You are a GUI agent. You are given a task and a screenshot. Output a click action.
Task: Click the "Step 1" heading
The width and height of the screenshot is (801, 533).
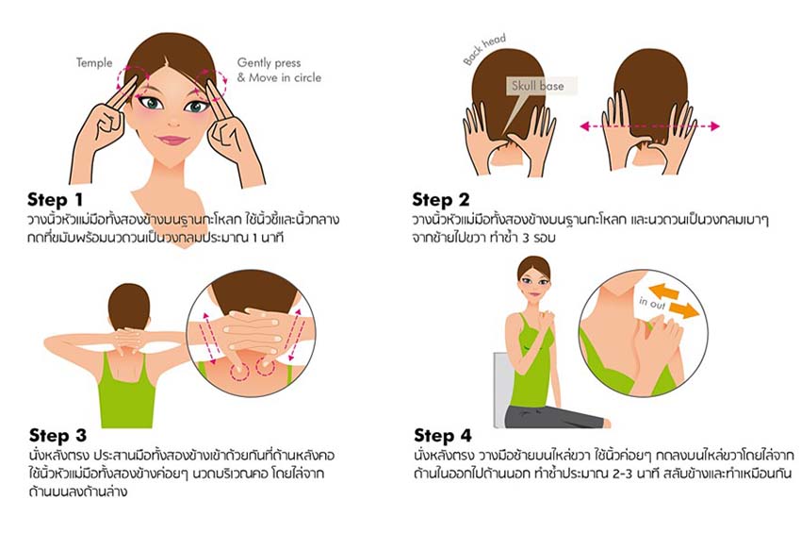(x=55, y=199)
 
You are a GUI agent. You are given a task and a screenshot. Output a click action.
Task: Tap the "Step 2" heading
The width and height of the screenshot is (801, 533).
(x=440, y=199)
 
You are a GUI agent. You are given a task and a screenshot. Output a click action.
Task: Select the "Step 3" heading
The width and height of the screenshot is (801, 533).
(x=57, y=435)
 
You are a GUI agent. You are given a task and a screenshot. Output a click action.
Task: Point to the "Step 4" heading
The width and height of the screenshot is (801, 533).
(x=442, y=435)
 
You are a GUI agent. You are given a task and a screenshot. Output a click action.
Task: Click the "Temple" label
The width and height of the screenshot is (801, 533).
(x=94, y=63)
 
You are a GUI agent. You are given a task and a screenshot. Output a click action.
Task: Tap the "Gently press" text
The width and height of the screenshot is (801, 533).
(x=269, y=63)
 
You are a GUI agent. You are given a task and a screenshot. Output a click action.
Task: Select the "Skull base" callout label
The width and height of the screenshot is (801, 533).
(x=538, y=86)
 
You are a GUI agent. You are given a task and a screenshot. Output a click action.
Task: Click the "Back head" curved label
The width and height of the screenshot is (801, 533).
(x=484, y=49)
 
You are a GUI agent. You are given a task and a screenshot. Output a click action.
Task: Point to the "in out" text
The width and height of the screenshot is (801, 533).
(x=652, y=303)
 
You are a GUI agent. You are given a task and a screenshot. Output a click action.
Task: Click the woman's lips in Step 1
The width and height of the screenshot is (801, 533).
(x=172, y=139)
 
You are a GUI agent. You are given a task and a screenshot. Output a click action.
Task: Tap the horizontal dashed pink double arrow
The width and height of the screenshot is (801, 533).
(x=650, y=125)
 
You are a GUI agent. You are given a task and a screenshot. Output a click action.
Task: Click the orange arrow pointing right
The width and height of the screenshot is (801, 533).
(x=683, y=310)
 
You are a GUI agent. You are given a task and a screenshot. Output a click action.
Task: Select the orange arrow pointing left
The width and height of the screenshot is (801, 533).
(x=663, y=291)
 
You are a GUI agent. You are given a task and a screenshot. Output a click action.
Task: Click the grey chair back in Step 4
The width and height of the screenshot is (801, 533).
(x=501, y=389)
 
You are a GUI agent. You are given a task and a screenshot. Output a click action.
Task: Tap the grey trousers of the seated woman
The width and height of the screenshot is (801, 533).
(x=551, y=417)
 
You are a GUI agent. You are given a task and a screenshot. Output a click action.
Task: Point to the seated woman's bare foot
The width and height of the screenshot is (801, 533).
(x=607, y=423)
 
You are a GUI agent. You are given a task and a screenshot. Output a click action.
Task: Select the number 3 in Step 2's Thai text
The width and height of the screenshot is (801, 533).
(x=526, y=239)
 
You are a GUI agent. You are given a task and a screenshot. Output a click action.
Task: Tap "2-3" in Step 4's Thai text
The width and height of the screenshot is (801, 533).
(x=622, y=474)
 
